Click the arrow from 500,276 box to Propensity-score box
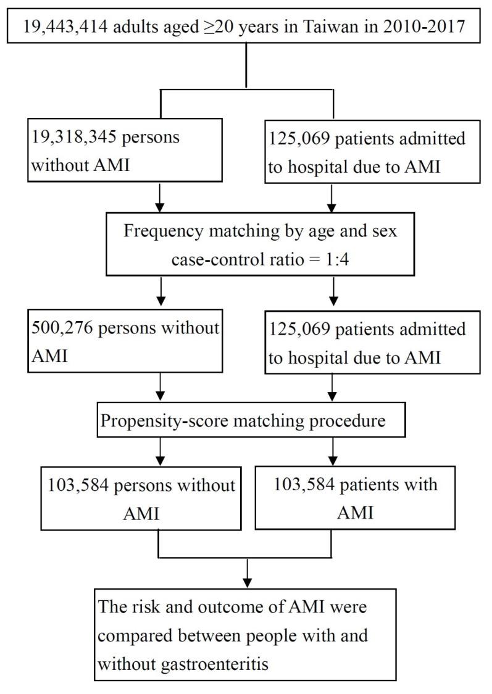(160, 389)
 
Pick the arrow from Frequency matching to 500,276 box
(160, 290)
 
